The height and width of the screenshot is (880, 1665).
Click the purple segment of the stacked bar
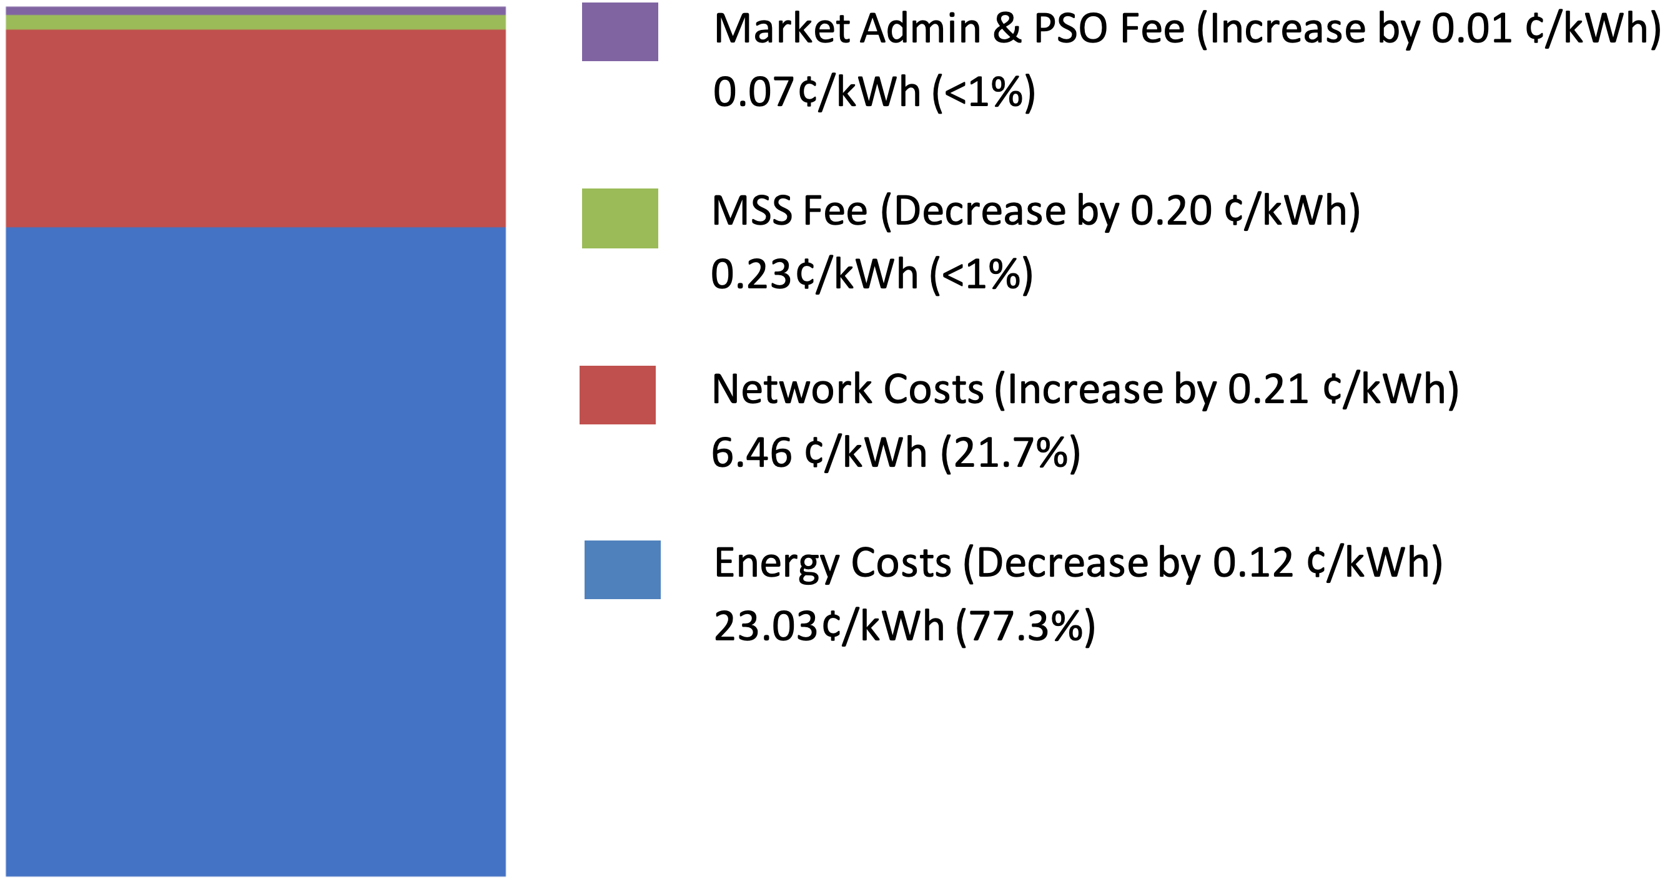pos(255,11)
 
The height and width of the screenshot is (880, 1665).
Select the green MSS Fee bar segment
pos(255,22)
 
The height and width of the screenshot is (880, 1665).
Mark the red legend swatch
pos(617,395)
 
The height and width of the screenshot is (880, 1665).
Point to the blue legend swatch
pos(622,569)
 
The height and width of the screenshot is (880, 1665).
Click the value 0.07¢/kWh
pos(816,92)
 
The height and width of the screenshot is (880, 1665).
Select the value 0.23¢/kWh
pos(814,274)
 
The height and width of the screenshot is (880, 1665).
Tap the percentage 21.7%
pos(1010,452)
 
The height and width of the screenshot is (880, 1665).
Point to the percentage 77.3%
pos(1025,626)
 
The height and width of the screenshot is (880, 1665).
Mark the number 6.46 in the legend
pos(751,452)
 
